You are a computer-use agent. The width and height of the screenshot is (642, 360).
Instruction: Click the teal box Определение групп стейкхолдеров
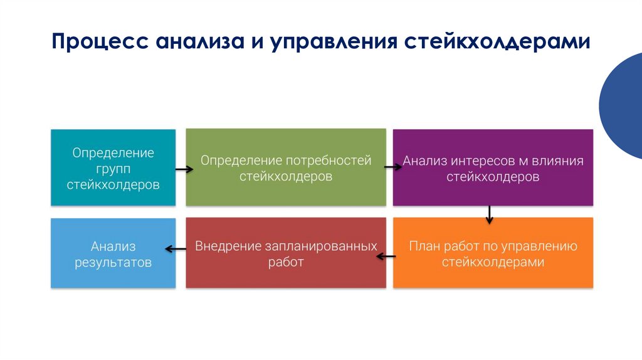click(x=113, y=167)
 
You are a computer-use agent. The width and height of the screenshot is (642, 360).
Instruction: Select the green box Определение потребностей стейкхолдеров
click(x=286, y=167)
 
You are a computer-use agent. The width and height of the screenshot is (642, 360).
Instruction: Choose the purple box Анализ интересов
click(x=493, y=167)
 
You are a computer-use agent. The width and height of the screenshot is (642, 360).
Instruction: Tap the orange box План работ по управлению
click(x=493, y=253)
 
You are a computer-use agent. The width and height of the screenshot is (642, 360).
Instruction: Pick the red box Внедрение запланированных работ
click(x=286, y=253)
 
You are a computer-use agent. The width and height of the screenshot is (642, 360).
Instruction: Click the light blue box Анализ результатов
click(x=113, y=253)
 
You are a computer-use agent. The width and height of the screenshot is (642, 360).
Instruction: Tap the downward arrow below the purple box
click(x=489, y=215)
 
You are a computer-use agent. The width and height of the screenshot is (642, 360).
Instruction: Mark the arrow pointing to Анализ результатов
click(x=176, y=249)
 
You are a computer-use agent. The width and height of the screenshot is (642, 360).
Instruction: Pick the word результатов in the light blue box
click(x=113, y=262)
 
